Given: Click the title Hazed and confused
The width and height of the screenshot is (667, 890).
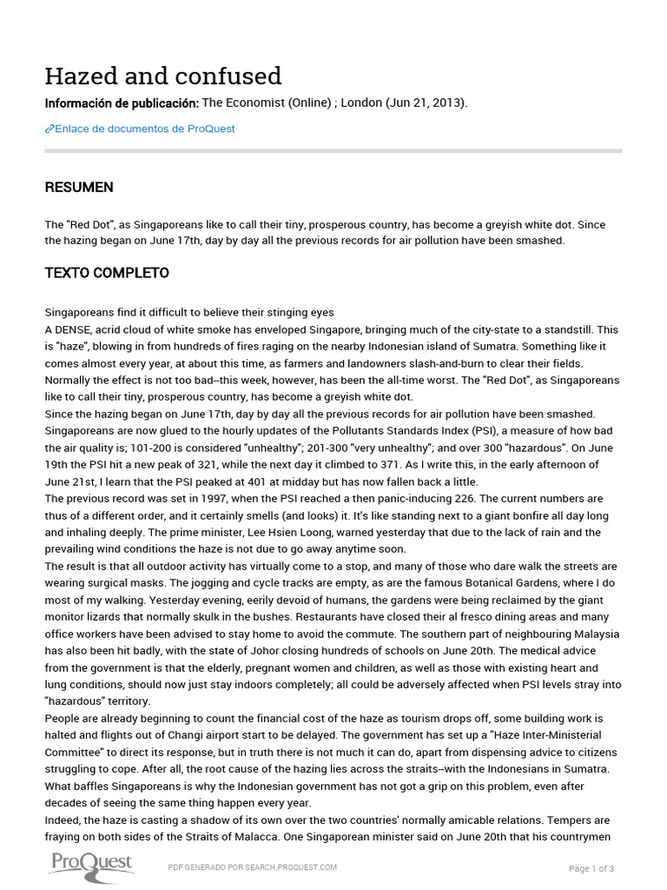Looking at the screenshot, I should pyautogui.click(x=163, y=76).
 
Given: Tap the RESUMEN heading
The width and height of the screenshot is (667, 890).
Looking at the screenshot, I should pyautogui.click(x=79, y=188).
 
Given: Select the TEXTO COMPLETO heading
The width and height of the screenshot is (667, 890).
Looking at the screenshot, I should pyautogui.click(x=107, y=273).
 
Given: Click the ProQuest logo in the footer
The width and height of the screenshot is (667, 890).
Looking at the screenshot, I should pyautogui.click(x=90, y=864).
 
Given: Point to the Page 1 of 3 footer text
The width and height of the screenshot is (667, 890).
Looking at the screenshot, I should pyautogui.click(x=591, y=868).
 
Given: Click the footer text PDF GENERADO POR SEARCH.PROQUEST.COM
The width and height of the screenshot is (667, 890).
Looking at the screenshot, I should pyautogui.click(x=252, y=867).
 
